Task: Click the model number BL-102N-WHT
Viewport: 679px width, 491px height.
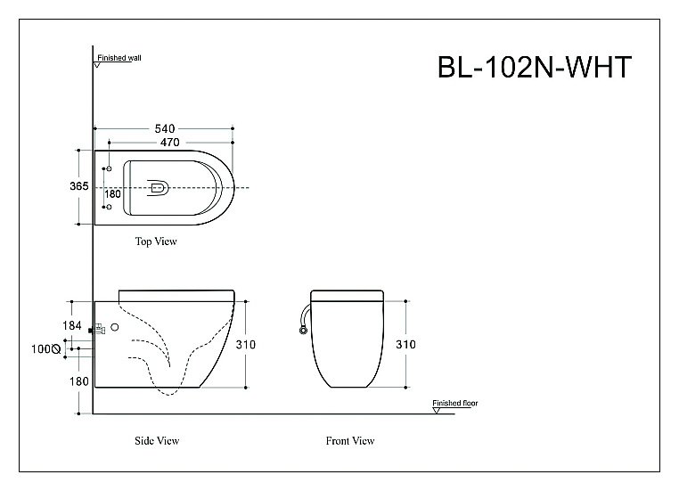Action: [x=534, y=69]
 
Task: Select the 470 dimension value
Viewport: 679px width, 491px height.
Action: [x=170, y=142]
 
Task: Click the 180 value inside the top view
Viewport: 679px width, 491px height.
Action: [x=112, y=193]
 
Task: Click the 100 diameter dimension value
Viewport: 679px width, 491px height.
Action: [x=42, y=349]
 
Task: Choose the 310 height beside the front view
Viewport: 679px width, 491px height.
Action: [x=406, y=344]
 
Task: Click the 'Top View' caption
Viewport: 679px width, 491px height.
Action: [x=156, y=241]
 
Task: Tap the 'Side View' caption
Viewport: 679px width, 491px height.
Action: [x=156, y=441]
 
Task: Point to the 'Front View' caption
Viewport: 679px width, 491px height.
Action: [x=349, y=441]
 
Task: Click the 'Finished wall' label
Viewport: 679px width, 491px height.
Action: [x=119, y=57]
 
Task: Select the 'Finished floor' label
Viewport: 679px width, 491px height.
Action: [x=454, y=404]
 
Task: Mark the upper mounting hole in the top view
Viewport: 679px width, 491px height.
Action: [x=109, y=168]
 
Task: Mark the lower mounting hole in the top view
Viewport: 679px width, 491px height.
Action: [x=109, y=210]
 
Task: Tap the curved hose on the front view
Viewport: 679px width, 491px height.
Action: [x=305, y=316]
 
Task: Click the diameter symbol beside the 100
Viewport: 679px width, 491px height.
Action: [x=56, y=350]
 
